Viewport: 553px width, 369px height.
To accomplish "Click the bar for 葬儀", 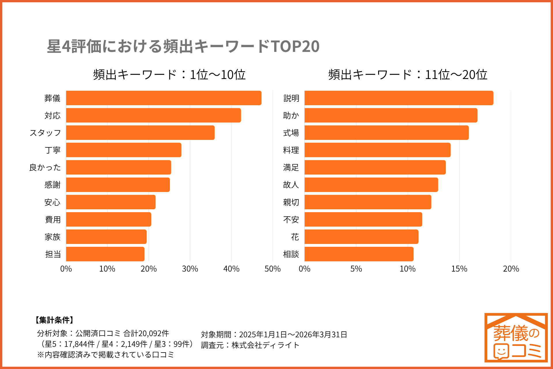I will pyautogui.click(x=164, y=98).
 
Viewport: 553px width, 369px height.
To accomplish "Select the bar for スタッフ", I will pyautogui.click(x=140, y=133).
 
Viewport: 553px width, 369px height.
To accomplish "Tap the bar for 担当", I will pyautogui.click(x=105, y=254).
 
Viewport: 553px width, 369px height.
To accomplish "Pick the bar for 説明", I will pyautogui.click(x=399, y=98).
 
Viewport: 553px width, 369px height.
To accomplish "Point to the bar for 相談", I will pyautogui.click(x=359, y=254).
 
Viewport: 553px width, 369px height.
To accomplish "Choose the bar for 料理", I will pyautogui.click(x=377, y=150).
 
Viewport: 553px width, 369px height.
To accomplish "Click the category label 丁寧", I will pyautogui.click(x=52, y=150).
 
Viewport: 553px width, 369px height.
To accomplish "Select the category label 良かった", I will pyautogui.click(x=45, y=167).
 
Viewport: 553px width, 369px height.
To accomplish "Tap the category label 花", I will pyautogui.click(x=295, y=237).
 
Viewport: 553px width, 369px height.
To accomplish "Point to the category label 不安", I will pyautogui.click(x=291, y=220).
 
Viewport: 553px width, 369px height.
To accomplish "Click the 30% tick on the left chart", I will pyautogui.click(x=190, y=269).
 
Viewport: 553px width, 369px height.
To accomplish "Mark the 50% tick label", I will pyautogui.click(x=272, y=269).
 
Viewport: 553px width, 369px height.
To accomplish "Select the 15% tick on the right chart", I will pyautogui.click(x=459, y=269).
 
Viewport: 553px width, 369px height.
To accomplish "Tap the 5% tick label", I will pyautogui.click(x=356, y=269).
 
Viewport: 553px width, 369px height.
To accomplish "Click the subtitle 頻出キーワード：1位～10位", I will pyautogui.click(x=169, y=75).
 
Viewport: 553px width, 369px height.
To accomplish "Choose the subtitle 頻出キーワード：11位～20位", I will pyautogui.click(x=408, y=75).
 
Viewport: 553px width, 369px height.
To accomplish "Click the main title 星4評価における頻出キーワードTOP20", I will pyautogui.click(x=183, y=46).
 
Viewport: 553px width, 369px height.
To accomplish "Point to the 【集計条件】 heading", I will pyautogui.click(x=54, y=320).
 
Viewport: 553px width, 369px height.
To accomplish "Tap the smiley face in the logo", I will pyautogui.click(x=501, y=351).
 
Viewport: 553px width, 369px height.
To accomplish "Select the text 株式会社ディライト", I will pyautogui.click(x=265, y=345).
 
